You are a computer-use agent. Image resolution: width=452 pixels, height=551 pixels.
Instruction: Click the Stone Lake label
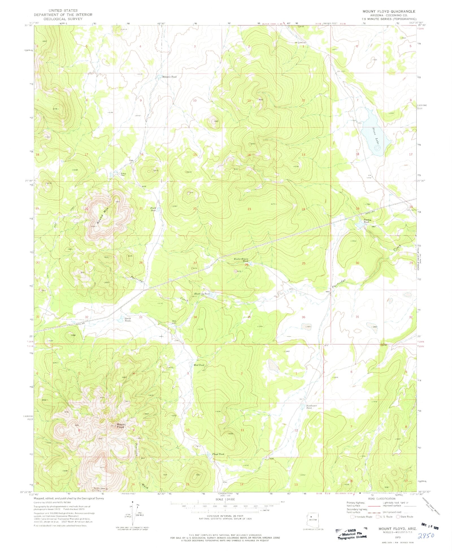tap(375, 136)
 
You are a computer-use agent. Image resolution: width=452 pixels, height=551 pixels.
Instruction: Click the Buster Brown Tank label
tap(241, 260)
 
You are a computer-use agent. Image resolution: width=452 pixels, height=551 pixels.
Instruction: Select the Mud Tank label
tap(199, 365)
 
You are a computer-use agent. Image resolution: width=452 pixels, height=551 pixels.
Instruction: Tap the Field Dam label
tap(153, 209)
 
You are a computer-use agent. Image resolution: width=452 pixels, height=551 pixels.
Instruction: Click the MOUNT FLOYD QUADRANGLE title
tap(389, 11)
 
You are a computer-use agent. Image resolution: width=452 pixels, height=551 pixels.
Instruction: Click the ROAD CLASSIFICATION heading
tap(381, 499)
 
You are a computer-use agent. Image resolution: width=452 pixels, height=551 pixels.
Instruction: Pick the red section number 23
tap(249, 209)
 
